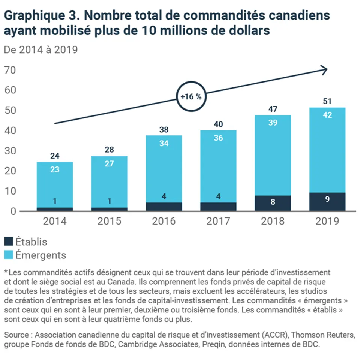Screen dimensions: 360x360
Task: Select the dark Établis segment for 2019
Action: pyautogui.click(x=327, y=201)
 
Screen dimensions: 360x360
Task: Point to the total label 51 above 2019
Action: pyautogui.click(x=327, y=101)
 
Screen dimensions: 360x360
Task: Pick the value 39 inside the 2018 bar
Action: pyautogui.click(x=273, y=123)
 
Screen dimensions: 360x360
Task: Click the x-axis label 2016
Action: pyautogui.click(x=163, y=221)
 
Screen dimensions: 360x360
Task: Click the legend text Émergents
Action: pyautogui.click(x=41, y=255)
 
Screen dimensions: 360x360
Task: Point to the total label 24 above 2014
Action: pyautogui.click(x=55, y=156)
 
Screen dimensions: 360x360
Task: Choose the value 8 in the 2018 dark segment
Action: pyautogui.click(x=273, y=202)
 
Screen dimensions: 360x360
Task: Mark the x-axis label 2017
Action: pyautogui.click(x=218, y=221)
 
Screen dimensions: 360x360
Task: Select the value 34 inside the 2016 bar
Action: pyautogui.click(x=163, y=143)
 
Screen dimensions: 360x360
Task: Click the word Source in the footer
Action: pyautogui.click(x=16, y=334)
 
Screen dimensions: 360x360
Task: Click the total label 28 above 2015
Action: pyautogui.click(x=109, y=150)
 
